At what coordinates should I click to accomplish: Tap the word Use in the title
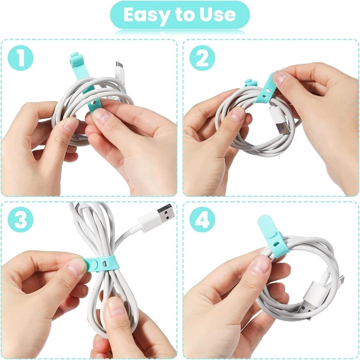pos(217,15)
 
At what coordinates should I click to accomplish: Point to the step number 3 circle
pos(21,219)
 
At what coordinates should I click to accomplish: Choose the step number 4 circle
pos(202,219)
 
